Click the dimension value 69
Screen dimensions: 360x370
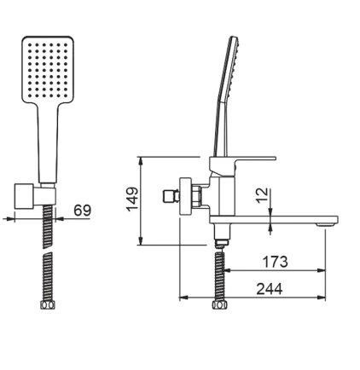coord(83,211)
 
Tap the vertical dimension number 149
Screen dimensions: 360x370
coord(132,199)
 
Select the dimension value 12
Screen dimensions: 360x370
coord(262,195)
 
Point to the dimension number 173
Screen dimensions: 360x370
coord(275,262)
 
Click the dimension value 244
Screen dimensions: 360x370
coord(270,289)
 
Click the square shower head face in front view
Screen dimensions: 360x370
coord(48,69)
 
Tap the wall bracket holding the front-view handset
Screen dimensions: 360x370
coord(35,197)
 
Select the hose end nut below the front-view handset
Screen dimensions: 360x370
coord(47,305)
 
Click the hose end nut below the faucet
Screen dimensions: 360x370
coord(219,305)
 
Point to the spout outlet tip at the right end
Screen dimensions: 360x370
coord(328,224)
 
